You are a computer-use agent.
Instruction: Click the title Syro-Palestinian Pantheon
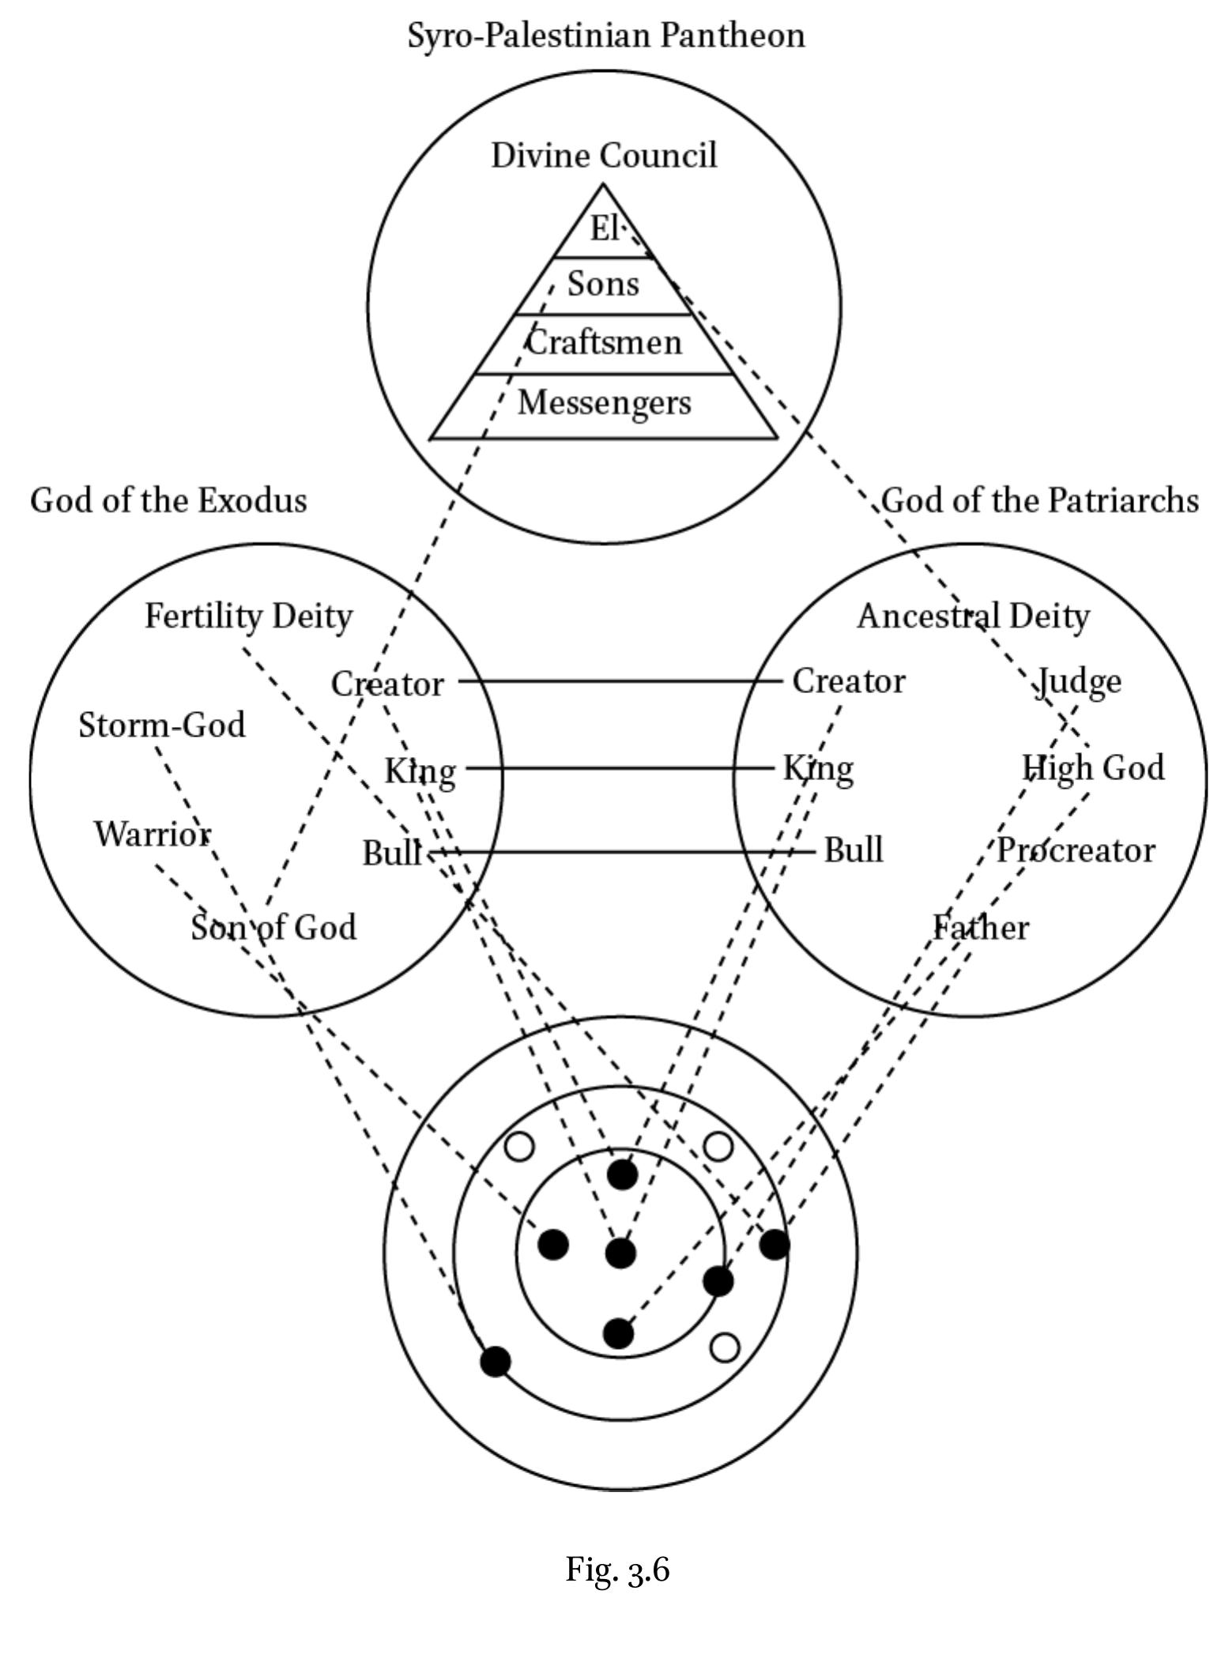(606, 36)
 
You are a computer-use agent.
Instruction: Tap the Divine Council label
(604, 155)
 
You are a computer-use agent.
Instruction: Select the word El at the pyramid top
(605, 228)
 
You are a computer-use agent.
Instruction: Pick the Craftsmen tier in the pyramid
(604, 343)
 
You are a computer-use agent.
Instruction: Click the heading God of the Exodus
(168, 500)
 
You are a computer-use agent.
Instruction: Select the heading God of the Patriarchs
(1040, 500)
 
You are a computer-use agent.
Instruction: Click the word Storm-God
(162, 725)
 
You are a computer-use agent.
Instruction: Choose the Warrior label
(153, 835)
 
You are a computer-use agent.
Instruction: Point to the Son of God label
(273, 927)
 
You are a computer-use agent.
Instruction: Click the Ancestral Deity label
(974, 616)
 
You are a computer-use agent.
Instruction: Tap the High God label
(1093, 768)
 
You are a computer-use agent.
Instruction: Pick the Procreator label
(1076, 851)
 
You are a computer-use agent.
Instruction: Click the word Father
(981, 927)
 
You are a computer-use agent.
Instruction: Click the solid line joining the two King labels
(620, 767)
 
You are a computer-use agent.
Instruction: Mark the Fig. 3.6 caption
(617, 1570)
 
